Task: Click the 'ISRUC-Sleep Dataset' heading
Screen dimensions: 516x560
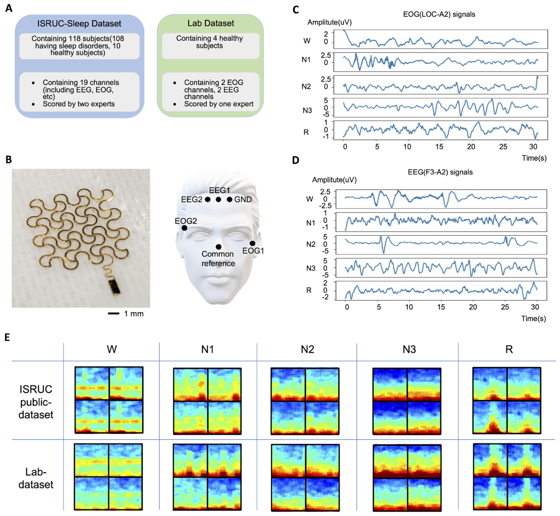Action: pos(79,23)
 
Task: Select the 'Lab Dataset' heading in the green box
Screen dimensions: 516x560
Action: pos(211,23)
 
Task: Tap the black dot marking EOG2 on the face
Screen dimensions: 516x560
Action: pos(184,228)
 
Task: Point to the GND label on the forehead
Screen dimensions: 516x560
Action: pos(243,199)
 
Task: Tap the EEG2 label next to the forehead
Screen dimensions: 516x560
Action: pos(192,199)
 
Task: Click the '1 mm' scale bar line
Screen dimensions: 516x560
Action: pos(114,314)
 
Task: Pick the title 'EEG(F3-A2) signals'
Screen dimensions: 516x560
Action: pos(440,172)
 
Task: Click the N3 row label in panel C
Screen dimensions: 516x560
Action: pos(307,111)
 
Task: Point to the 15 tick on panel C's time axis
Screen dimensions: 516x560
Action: pos(439,147)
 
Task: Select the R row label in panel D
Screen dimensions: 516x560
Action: pos(309,290)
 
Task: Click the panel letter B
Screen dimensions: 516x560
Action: pos(9,159)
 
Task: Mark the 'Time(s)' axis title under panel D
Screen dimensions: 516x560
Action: pos(533,319)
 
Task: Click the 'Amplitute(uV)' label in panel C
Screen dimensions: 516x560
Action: pos(329,22)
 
